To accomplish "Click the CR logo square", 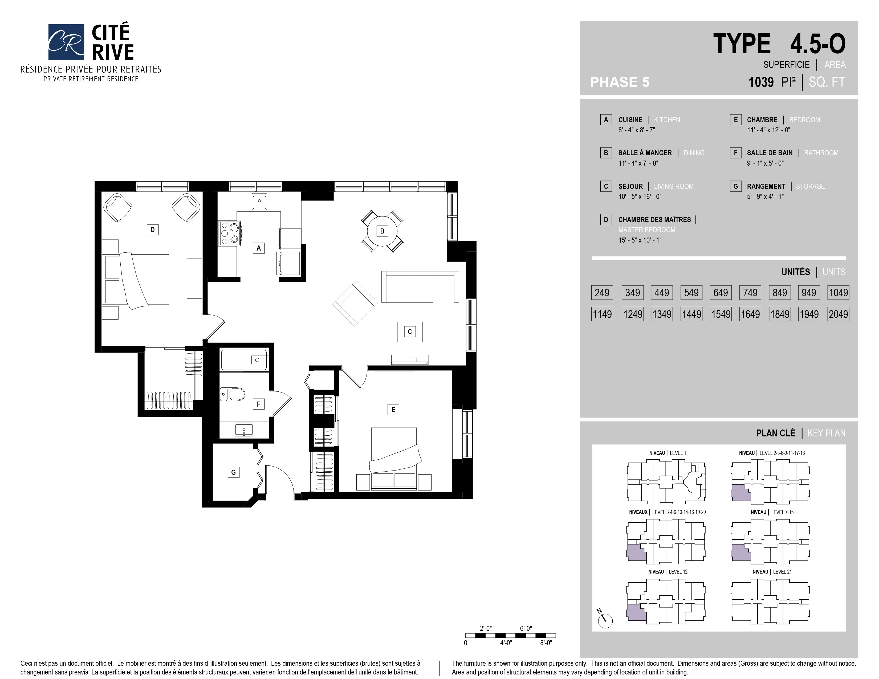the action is click(66, 42).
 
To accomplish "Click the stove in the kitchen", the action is click(228, 233).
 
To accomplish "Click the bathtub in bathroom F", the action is click(244, 359).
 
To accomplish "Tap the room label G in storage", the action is click(233, 472).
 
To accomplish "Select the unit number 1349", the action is click(662, 314).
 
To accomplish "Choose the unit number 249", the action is click(602, 292).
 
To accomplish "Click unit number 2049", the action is click(838, 314).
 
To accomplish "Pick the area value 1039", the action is click(761, 82).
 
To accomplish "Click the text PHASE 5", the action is click(620, 82).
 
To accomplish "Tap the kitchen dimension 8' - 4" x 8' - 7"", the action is click(637, 130).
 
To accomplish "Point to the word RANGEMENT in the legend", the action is click(766, 186).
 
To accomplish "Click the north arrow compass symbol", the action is click(605, 619).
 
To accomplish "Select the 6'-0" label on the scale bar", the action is click(526, 628).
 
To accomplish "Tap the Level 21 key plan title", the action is click(772, 572).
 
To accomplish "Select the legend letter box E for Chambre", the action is click(735, 120).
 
